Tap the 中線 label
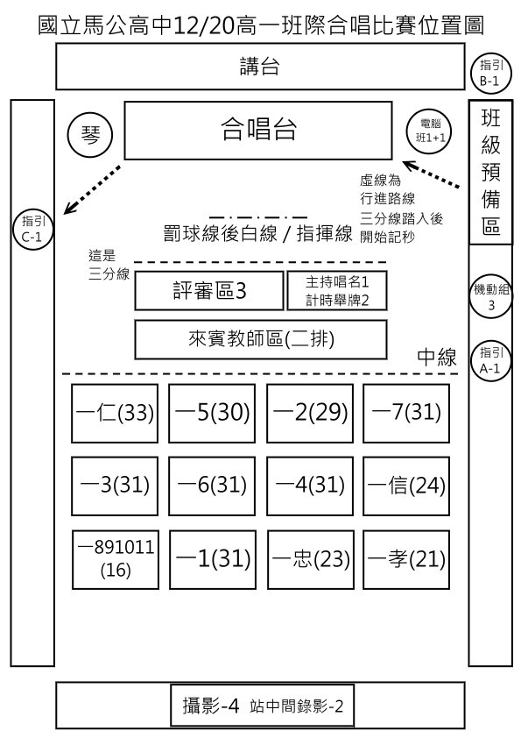(x=437, y=358)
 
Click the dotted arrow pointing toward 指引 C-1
(x=92, y=189)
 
